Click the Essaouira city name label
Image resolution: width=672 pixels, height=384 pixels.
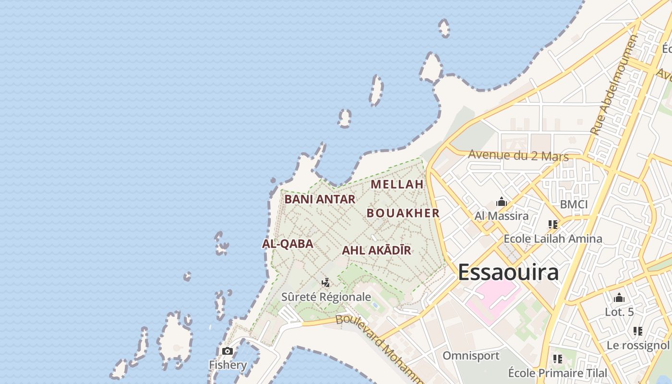coord(508,272)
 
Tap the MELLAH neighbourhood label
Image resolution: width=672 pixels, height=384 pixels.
coord(397,184)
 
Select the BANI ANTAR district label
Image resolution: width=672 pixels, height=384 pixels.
coord(320,199)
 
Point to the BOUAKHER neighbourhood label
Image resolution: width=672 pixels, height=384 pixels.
coord(403,213)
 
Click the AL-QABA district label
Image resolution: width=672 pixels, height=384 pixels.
coord(288,244)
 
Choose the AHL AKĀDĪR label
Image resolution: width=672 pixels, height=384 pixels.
coord(376,251)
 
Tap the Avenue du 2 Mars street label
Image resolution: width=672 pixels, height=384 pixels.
coord(518,156)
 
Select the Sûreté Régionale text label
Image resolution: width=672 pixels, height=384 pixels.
coord(326,297)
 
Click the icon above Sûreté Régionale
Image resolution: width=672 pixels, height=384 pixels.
coord(326,283)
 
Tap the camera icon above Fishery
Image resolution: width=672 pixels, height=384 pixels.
coord(228,351)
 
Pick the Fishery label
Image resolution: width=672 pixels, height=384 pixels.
coord(228,365)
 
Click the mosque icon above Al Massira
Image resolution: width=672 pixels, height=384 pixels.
coord(502,202)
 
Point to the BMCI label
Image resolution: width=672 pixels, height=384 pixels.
coord(574,204)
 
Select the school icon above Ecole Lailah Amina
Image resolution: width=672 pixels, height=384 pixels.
coord(553,224)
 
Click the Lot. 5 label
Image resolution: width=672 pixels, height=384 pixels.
coord(619,312)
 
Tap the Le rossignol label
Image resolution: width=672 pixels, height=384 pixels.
coord(637,345)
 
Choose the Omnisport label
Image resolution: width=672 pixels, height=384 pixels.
coord(471,356)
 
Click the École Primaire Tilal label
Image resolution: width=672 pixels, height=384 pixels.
coord(557,373)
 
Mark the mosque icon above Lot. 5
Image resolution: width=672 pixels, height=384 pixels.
coord(619,298)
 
